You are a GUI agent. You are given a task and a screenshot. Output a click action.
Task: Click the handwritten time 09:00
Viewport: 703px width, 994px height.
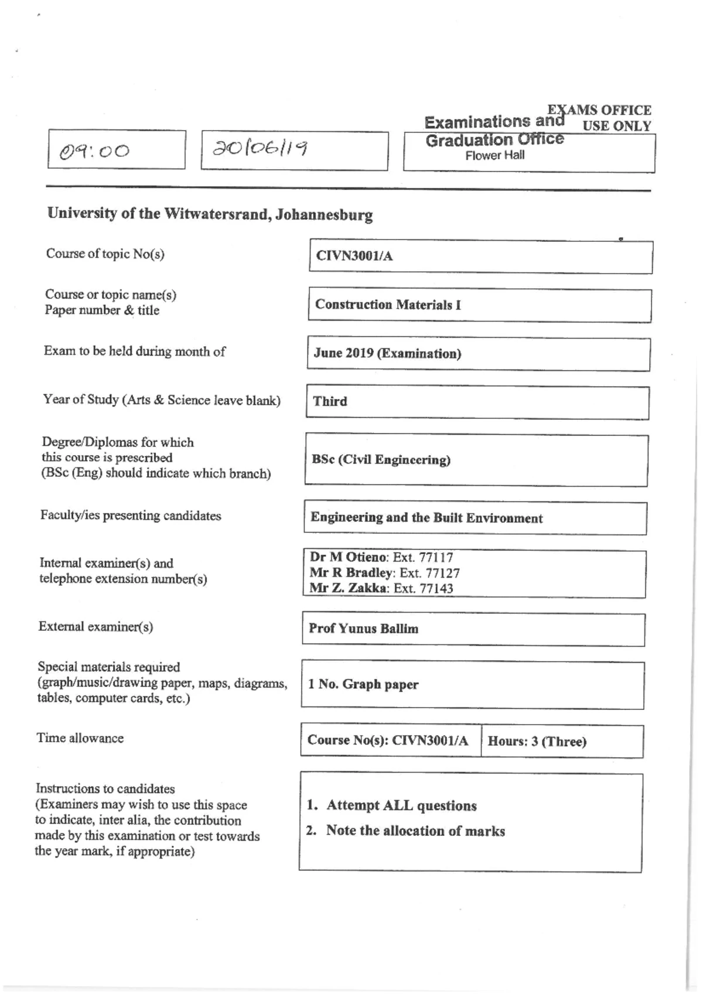95,151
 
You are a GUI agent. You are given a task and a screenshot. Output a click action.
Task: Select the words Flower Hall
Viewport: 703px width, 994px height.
494,155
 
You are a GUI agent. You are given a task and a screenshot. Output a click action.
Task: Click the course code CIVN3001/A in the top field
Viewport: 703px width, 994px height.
354,256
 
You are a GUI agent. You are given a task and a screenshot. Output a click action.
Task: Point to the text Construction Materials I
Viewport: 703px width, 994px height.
388,305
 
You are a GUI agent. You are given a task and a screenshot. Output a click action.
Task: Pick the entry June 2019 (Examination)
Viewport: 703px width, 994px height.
387,353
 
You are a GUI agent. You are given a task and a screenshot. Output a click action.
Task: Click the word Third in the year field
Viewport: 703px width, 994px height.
330,401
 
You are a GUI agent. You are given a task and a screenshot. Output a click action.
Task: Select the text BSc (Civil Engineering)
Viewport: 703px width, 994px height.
381,460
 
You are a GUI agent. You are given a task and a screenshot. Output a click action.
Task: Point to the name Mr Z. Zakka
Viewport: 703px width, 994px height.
348,588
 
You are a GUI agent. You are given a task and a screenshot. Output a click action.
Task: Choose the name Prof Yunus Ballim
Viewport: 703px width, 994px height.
363,628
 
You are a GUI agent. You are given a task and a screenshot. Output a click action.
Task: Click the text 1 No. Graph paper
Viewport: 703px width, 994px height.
363,684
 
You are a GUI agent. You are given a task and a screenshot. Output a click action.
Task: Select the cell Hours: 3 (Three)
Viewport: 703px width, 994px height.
537,741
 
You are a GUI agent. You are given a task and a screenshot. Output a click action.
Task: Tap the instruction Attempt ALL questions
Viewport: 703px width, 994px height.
401,805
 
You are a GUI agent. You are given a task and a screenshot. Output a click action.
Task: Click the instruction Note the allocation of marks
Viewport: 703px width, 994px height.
415,831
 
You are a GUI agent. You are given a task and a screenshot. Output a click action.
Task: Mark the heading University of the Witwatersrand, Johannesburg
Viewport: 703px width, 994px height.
210,214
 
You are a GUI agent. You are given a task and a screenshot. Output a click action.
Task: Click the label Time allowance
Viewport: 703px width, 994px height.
80,738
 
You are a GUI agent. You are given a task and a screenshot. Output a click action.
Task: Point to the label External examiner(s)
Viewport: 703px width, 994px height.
95,627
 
